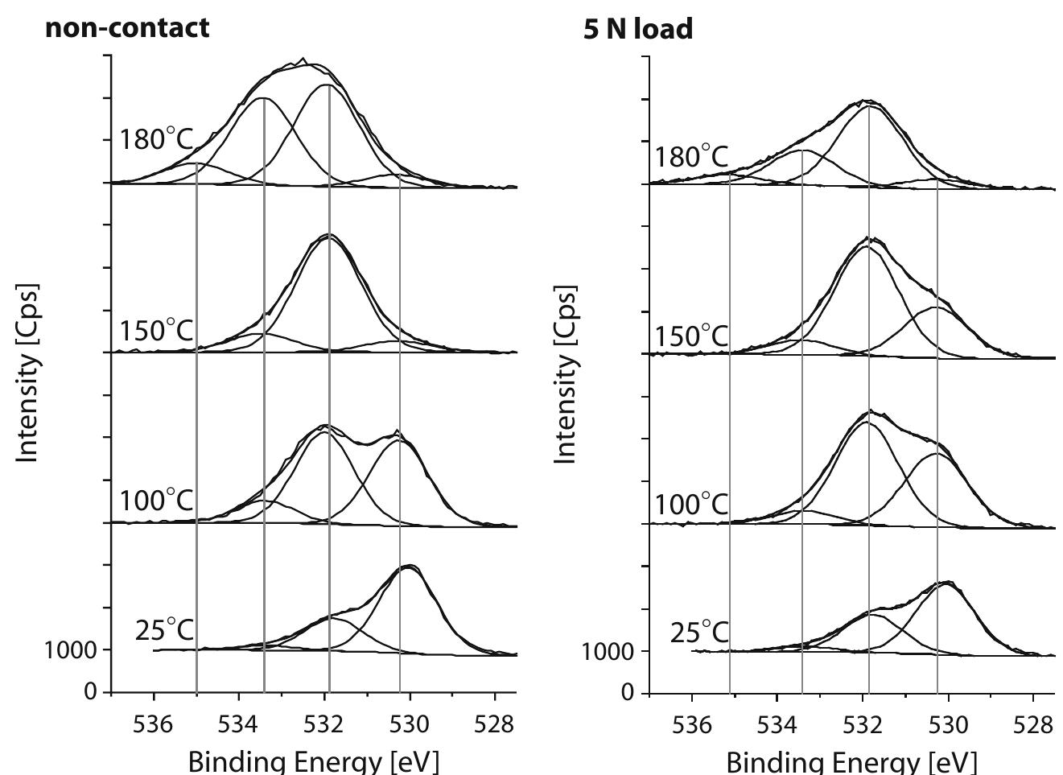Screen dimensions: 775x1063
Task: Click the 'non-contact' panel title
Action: [127, 27]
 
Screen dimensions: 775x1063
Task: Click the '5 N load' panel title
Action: [637, 29]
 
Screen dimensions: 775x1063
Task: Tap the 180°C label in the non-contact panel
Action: [157, 139]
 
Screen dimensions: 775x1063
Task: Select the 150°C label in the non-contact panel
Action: [157, 330]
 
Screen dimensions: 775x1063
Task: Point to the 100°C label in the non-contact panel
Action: [157, 501]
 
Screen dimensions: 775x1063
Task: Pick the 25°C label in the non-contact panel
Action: [164, 630]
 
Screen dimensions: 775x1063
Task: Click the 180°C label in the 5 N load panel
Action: [691, 156]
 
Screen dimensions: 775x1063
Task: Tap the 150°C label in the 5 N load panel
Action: [691, 336]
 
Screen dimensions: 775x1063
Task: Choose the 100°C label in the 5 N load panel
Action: [691, 505]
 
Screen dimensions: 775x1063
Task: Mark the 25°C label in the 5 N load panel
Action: [699, 633]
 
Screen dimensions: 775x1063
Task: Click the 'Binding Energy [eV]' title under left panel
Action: [314, 761]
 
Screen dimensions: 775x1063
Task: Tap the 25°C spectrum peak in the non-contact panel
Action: [409, 566]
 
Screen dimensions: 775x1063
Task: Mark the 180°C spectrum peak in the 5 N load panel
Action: [867, 101]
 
